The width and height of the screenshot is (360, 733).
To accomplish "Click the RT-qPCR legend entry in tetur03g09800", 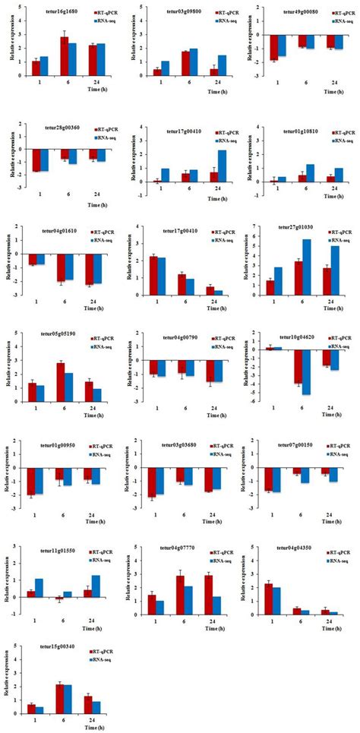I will (210, 14).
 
